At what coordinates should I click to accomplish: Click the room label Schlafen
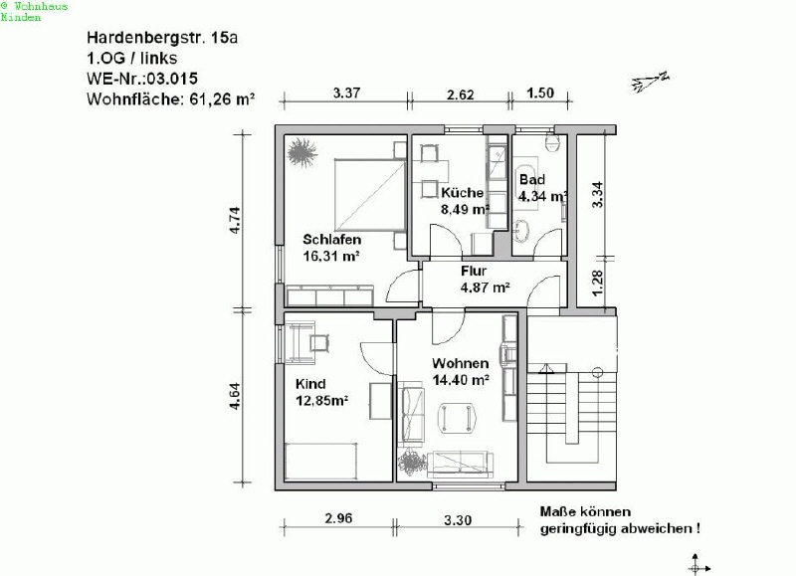[x=332, y=240]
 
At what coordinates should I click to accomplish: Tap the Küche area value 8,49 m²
[x=465, y=209]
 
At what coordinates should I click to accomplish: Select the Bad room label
[x=532, y=180]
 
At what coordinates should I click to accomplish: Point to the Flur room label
[x=474, y=271]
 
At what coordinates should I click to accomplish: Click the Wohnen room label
[x=461, y=363]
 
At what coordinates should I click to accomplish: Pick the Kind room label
[x=310, y=384]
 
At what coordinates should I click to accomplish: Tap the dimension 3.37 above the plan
[x=346, y=93]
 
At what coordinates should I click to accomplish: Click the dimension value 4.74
[x=235, y=220]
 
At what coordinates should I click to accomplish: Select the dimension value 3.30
[x=458, y=520]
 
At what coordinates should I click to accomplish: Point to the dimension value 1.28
[x=598, y=283]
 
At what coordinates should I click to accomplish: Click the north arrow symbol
[x=651, y=82]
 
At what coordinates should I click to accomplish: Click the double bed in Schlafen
[x=370, y=195]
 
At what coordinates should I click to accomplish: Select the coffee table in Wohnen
[x=457, y=418]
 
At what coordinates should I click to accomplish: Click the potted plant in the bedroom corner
[x=301, y=152]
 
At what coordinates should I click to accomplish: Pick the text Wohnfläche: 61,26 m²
[x=170, y=98]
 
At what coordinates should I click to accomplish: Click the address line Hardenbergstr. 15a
[x=162, y=38]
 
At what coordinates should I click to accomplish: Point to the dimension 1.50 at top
[x=540, y=93]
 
